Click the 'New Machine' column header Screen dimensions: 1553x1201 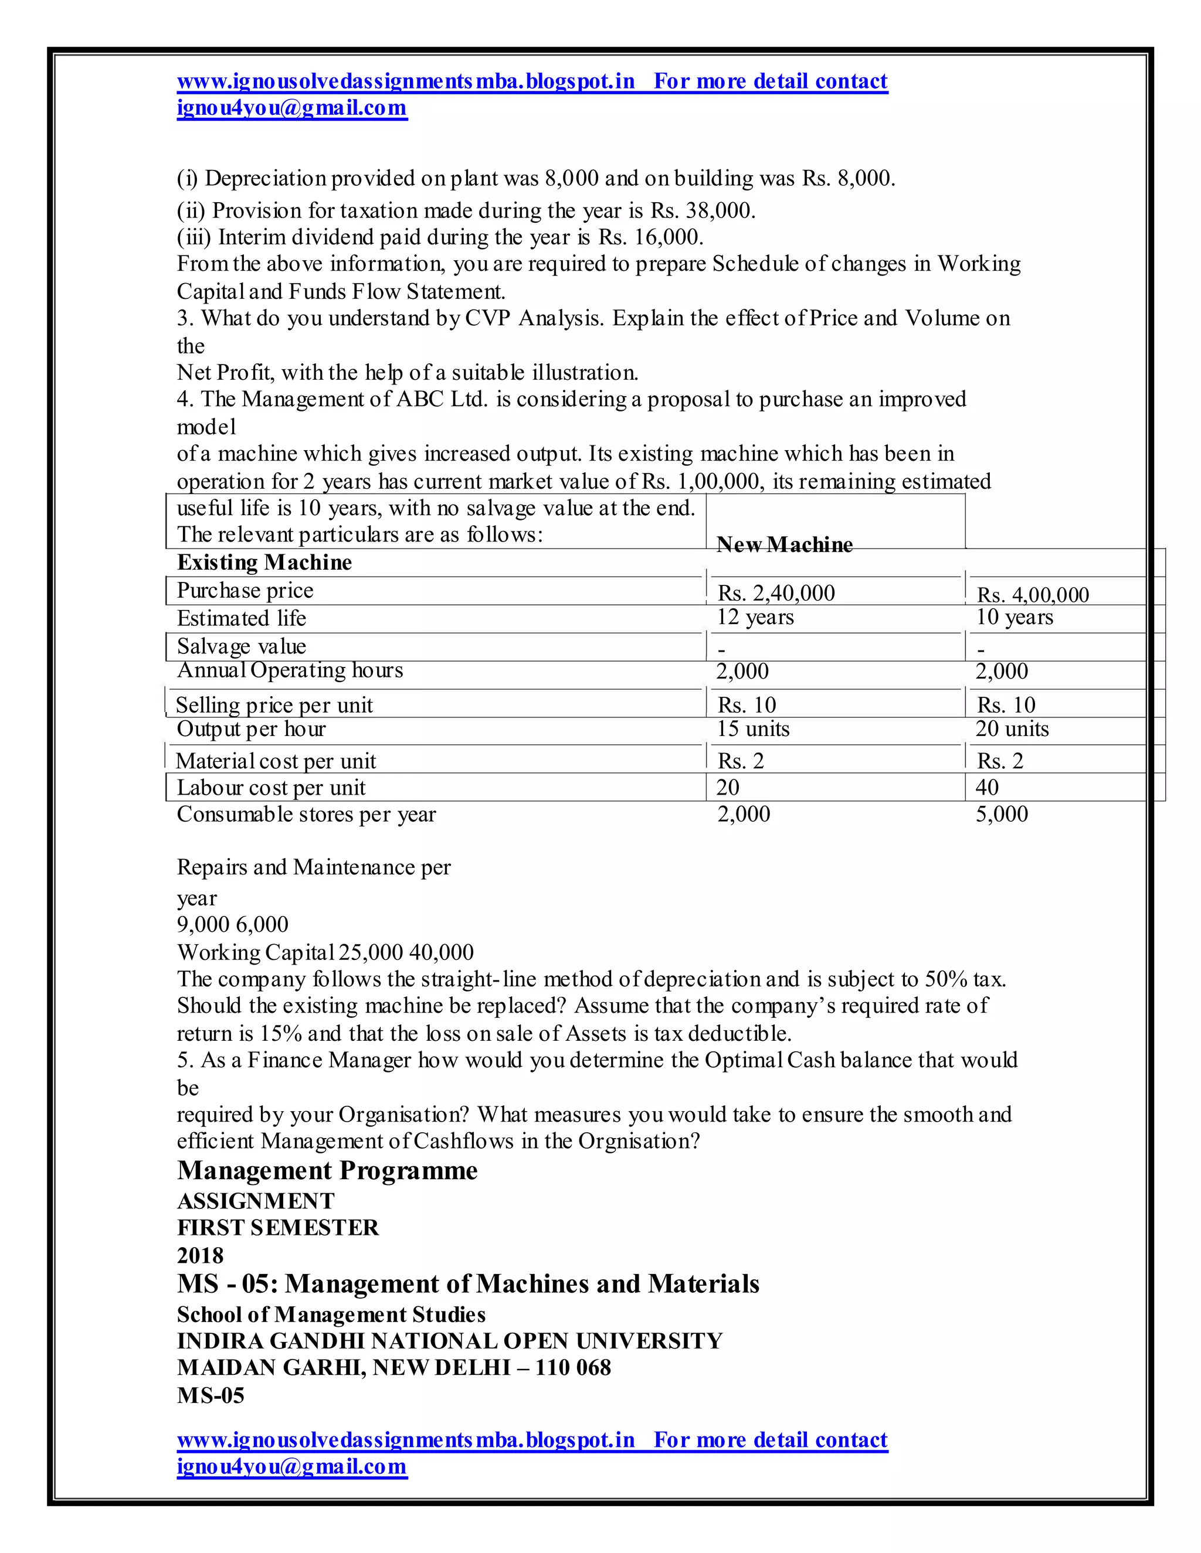(784, 544)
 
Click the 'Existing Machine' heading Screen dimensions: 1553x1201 (264, 563)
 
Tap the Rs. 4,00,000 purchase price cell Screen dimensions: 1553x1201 (1032, 594)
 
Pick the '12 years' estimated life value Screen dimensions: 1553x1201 (755, 617)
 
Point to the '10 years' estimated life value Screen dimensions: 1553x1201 (1014, 617)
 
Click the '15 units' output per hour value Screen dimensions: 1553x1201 (753, 729)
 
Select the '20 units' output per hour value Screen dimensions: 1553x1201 (1012, 729)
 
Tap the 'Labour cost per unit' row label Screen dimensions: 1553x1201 (271, 788)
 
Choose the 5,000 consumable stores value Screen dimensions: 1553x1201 (1001, 814)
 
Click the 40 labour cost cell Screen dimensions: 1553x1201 (987, 787)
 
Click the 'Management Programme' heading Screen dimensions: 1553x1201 (327, 1171)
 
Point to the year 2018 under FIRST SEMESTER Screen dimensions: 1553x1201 (200, 1255)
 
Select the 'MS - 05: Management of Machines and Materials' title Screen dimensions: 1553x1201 (468, 1283)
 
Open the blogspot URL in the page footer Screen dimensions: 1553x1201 (406, 1440)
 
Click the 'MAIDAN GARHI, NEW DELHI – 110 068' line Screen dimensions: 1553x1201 (393, 1367)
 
